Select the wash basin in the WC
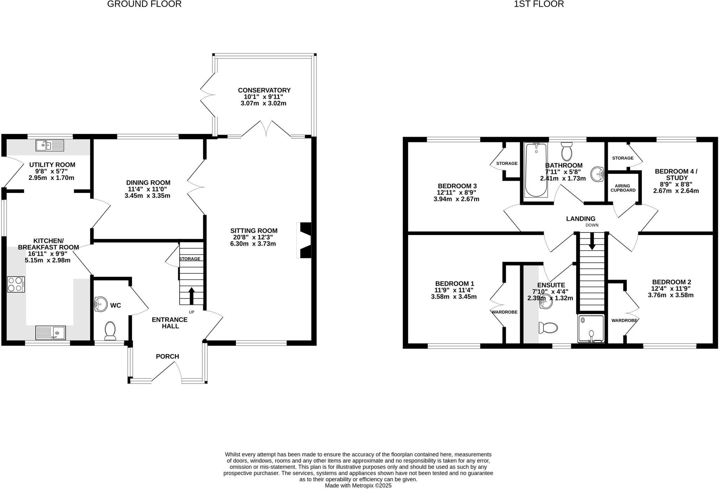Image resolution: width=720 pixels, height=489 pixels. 101,304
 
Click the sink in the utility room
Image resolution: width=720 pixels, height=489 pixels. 50,145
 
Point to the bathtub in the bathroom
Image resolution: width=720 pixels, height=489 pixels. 536,170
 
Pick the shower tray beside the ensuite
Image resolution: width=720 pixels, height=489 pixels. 591,328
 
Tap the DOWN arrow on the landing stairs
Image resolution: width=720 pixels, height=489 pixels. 592,241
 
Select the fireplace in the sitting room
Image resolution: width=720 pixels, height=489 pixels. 304,240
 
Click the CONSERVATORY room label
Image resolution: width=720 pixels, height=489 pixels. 264,90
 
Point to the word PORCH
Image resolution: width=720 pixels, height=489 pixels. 168,357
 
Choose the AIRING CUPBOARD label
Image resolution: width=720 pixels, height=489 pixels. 623,188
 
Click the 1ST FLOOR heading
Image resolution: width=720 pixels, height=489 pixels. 539,4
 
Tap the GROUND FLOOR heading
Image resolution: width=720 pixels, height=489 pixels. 144,4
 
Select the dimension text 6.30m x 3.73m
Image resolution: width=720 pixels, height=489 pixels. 253,244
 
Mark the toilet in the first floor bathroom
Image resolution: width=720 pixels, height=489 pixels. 567,151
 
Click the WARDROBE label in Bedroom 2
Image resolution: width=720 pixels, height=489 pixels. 624,320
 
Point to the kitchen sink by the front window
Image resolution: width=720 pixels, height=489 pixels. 51,332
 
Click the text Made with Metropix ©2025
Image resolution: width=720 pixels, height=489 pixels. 358,486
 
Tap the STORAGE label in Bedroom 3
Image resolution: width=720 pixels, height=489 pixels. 507,163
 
